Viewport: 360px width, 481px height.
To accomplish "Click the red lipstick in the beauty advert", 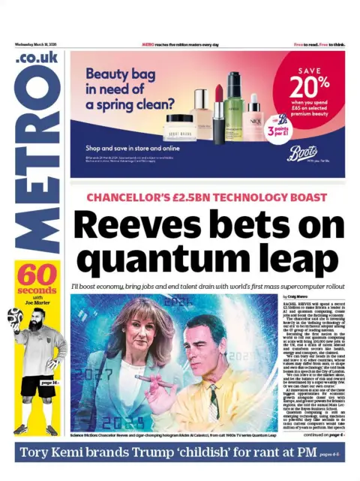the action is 219,113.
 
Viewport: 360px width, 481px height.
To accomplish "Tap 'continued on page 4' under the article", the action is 318,435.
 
